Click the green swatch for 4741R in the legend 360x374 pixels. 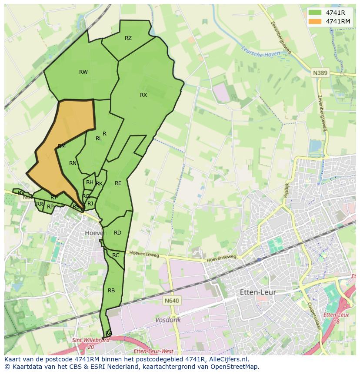pos(315,13)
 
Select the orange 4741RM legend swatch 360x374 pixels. pos(315,21)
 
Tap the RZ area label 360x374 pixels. pos(128,38)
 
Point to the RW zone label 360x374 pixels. pos(83,72)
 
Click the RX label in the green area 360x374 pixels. pos(143,95)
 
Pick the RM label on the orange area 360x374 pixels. pos(62,146)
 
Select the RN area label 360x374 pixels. pos(73,163)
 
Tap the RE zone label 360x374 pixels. pos(118,183)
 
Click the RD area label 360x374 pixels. pos(117,233)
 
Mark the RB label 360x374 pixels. pos(111,291)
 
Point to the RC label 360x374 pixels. pos(116,255)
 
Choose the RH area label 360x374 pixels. pos(90,183)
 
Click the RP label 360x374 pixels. pos(50,207)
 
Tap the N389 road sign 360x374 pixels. pos(320,73)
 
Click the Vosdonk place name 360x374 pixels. pos(168,320)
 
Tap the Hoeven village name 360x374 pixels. pos(96,233)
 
